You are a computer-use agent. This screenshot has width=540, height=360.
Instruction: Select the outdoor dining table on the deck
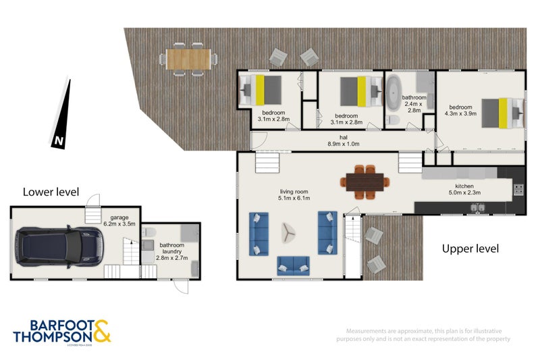(188, 58)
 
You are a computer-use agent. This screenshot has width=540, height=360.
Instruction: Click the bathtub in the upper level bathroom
(394, 94)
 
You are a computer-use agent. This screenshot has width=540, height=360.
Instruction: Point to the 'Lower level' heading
(51, 192)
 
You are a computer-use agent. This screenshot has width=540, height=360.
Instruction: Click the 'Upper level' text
(470, 249)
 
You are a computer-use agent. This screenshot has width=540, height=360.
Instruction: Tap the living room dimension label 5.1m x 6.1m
(294, 195)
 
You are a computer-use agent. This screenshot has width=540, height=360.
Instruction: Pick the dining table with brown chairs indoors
(365, 181)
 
